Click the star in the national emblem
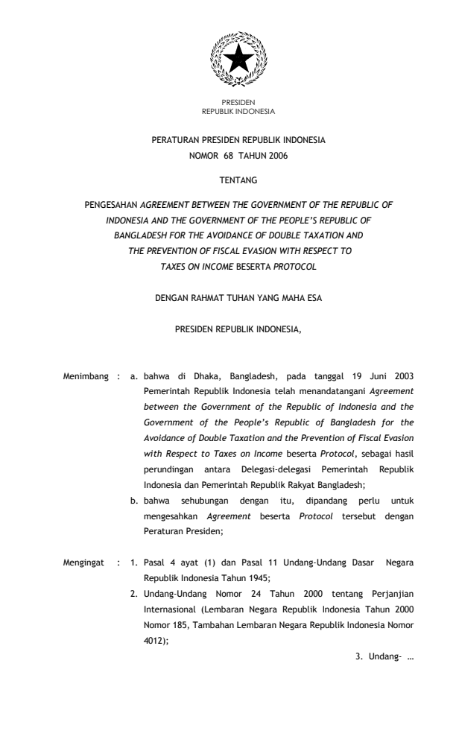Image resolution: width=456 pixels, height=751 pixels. pyautogui.click(x=238, y=59)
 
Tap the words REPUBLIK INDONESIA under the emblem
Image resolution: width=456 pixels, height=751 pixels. pyautogui.click(x=238, y=112)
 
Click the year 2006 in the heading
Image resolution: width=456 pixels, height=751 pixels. pyautogui.click(x=274, y=155)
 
